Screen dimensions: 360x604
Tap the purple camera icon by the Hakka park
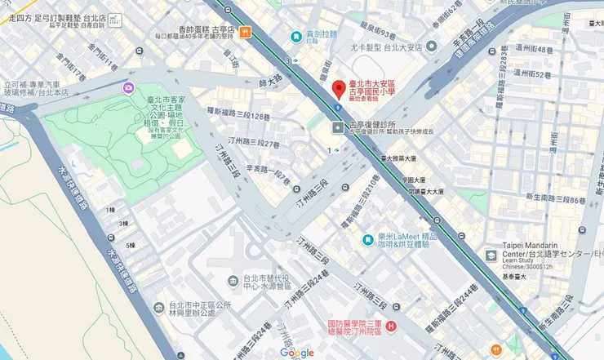point(129,88)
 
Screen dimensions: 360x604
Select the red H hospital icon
point(390,327)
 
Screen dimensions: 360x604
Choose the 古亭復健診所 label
point(372,125)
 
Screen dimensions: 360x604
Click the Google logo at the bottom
point(296,353)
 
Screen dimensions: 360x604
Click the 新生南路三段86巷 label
point(556,200)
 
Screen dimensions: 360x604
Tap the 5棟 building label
point(130,245)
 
